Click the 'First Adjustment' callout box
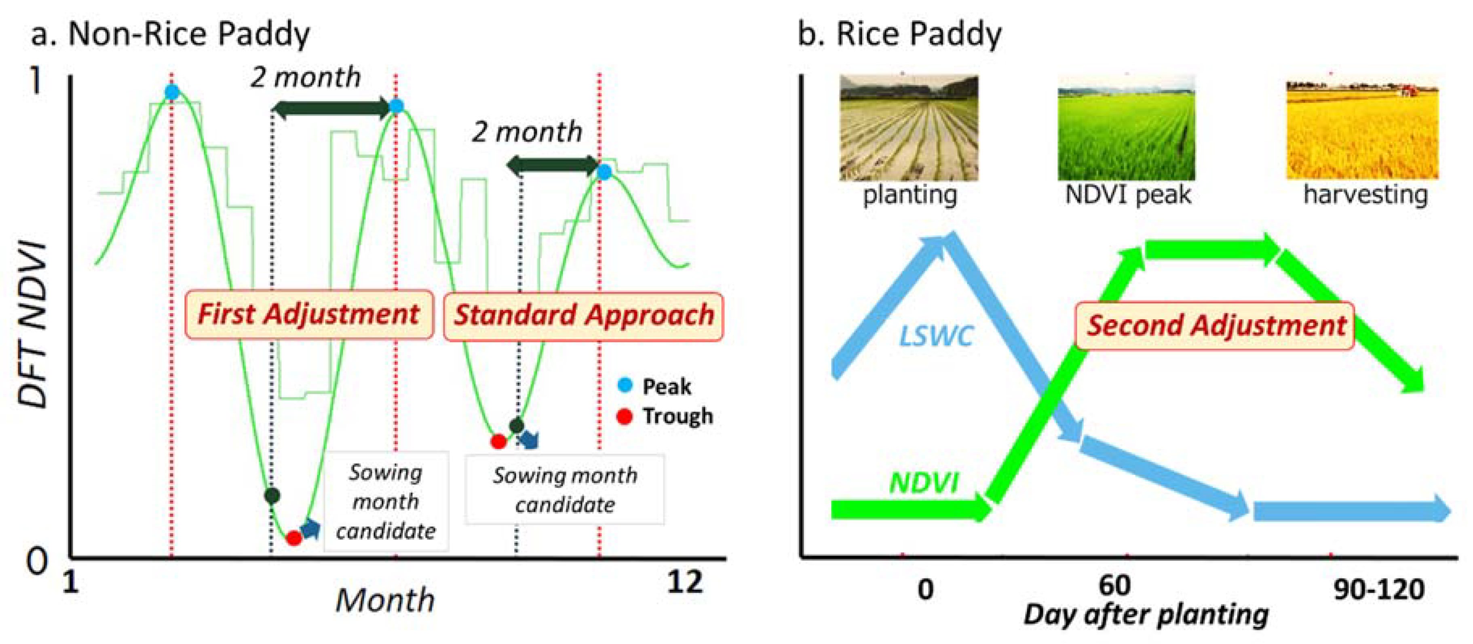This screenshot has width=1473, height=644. pyautogui.click(x=309, y=315)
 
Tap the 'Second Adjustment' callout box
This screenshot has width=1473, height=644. pyautogui.click(x=1215, y=325)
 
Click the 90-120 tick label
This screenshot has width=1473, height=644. pyautogui.click(x=1379, y=589)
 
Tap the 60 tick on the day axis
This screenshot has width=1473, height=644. pyautogui.click(x=1114, y=585)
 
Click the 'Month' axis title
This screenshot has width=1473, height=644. pyautogui.click(x=385, y=600)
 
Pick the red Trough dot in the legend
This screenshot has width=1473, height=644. pyautogui.click(x=625, y=416)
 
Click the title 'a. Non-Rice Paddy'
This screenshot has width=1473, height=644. pyautogui.click(x=171, y=34)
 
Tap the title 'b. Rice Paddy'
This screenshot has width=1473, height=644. pyautogui.click(x=899, y=34)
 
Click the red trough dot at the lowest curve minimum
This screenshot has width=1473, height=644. pyautogui.click(x=294, y=538)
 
